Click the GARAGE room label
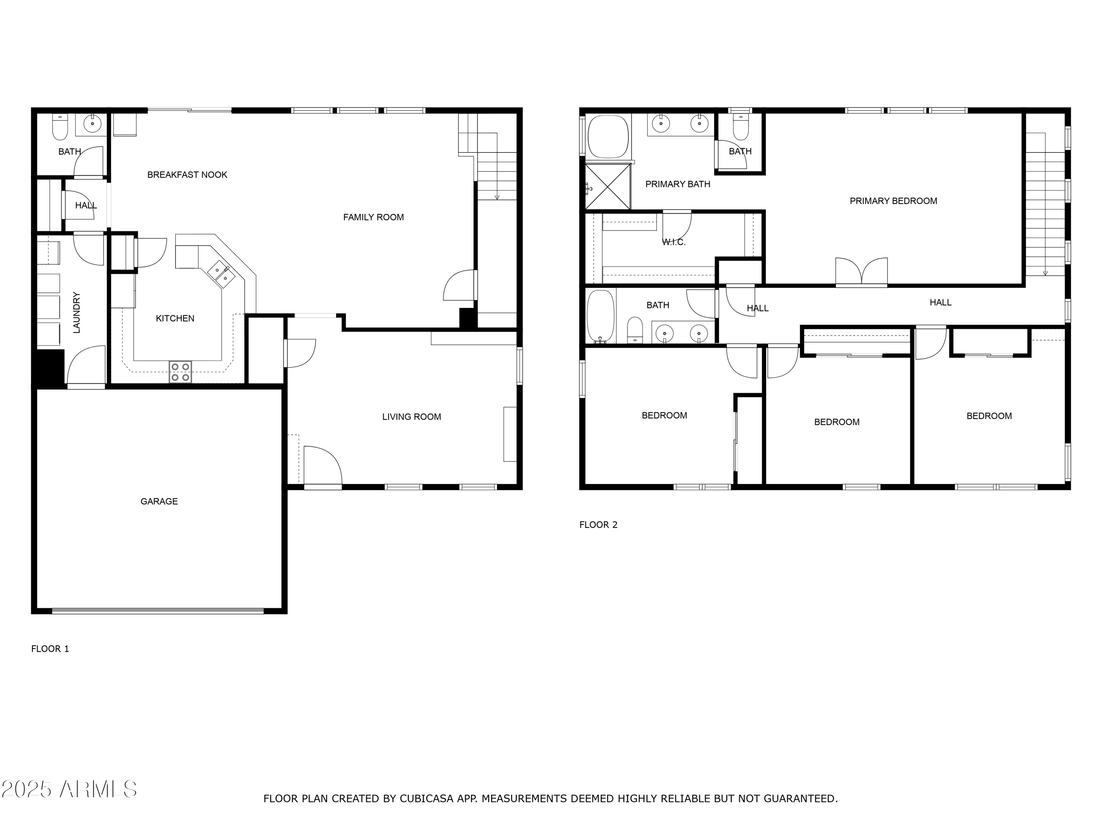click(x=159, y=501)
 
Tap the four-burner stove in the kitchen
click(x=180, y=372)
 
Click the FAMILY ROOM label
click(x=373, y=217)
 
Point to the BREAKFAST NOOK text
click(x=187, y=175)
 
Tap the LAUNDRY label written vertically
click(x=77, y=312)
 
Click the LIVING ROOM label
click(x=411, y=417)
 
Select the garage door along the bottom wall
click(x=158, y=610)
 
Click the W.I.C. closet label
click(x=674, y=243)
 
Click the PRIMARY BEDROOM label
click(x=893, y=201)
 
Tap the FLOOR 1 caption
click(x=50, y=649)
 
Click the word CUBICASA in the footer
click(x=426, y=799)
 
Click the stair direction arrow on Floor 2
click(x=1045, y=272)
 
